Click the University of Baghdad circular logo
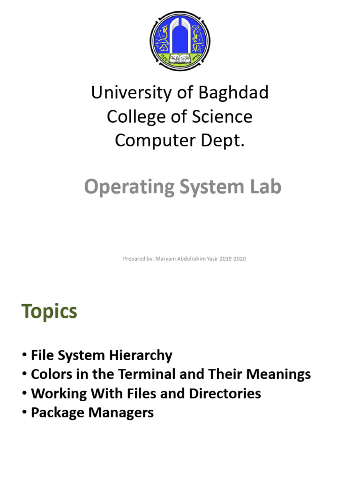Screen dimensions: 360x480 point(180,41)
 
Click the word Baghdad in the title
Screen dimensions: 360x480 point(233,92)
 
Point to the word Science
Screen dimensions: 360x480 point(222,117)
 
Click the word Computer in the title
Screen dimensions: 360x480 point(155,141)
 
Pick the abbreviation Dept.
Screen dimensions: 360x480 point(223,141)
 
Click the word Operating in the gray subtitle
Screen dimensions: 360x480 point(129,187)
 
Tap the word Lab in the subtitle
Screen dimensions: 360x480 point(265,187)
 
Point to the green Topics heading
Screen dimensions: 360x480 point(49,312)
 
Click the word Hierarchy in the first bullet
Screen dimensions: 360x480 point(141,355)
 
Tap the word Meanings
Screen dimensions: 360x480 point(278,375)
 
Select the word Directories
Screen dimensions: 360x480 point(225,393)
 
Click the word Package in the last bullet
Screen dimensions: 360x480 point(57,412)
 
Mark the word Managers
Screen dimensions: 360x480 point(121,412)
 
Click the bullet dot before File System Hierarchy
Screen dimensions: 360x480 point(24,355)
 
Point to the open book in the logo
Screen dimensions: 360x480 point(180,58)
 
